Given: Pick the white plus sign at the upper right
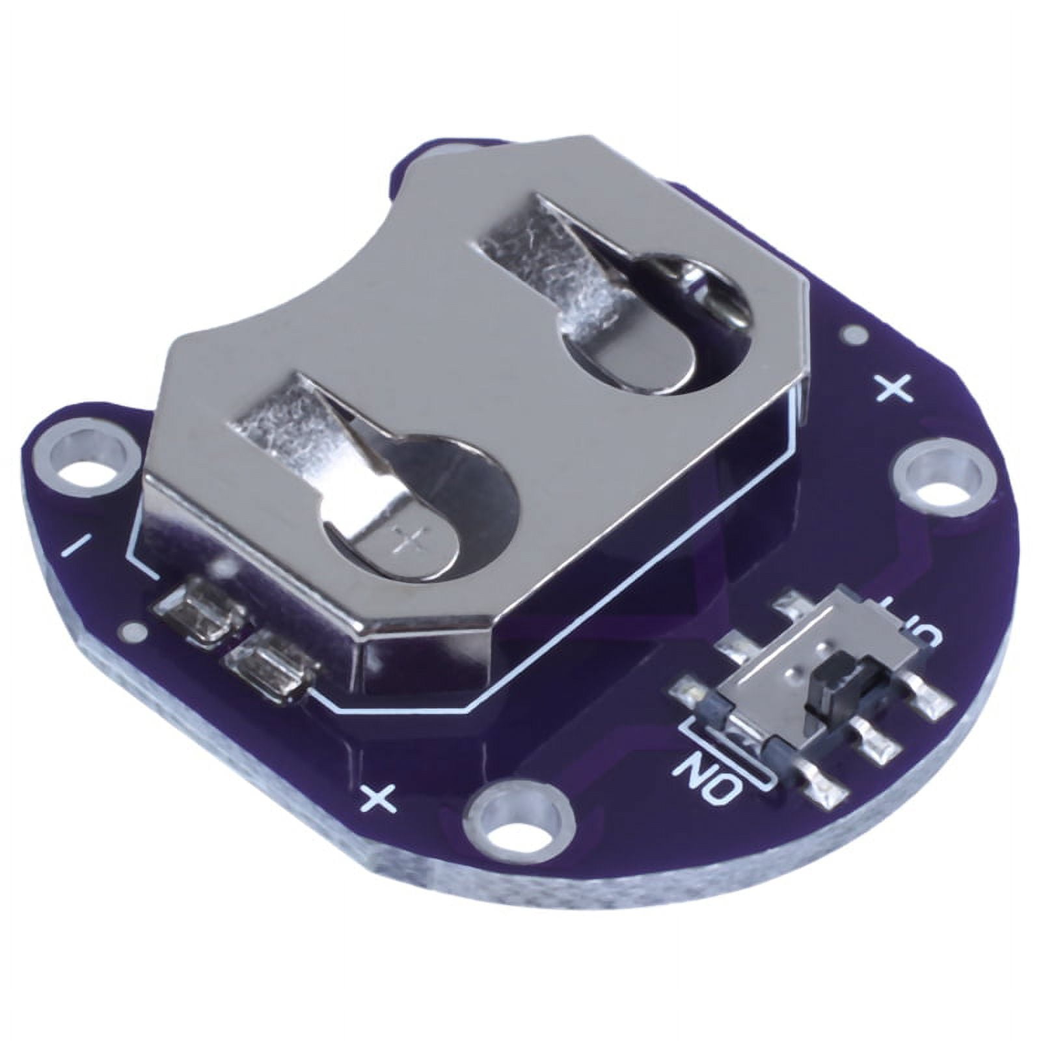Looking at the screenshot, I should (x=897, y=388).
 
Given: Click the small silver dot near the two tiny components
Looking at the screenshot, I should (x=133, y=629).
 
